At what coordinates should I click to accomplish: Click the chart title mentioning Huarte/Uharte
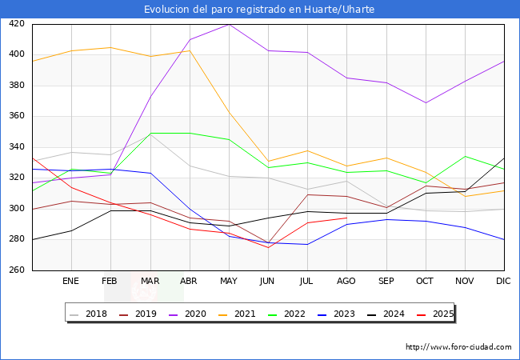(259, 9)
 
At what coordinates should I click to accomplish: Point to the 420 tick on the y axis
(17, 24)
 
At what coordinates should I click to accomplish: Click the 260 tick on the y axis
(17, 270)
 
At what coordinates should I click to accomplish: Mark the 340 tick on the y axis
(17, 147)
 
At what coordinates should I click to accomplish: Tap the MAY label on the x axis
(229, 282)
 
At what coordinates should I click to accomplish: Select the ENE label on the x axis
(71, 282)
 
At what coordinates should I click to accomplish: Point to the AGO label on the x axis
(346, 282)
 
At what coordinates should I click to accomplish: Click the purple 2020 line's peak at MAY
(229, 24)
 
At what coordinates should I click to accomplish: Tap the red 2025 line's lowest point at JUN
(268, 247)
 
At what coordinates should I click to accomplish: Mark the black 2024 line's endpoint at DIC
(504, 158)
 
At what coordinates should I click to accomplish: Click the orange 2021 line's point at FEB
(110, 47)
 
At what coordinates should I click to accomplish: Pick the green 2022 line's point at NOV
(465, 157)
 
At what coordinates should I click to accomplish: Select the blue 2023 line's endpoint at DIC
(504, 239)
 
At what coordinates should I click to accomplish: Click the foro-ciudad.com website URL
(458, 347)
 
